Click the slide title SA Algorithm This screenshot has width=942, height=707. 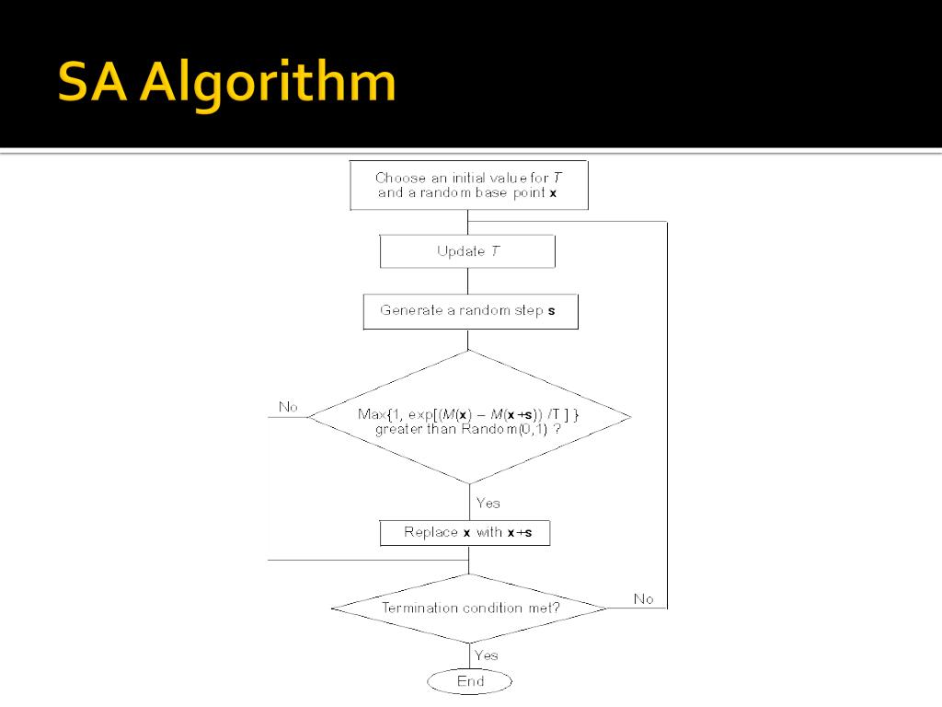pyautogui.click(x=226, y=83)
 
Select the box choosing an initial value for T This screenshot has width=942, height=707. pyautogui.click(x=469, y=185)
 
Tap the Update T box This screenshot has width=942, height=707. pyautogui.click(x=467, y=251)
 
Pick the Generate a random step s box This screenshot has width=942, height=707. pyautogui.click(x=470, y=311)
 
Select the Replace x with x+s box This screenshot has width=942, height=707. pyautogui.click(x=465, y=532)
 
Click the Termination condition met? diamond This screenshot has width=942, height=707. pyautogui.click(x=469, y=608)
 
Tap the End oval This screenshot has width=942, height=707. pyautogui.click(x=469, y=682)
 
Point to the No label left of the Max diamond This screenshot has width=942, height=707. pyautogui.click(x=288, y=407)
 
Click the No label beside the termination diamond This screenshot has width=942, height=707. pyautogui.click(x=644, y=599)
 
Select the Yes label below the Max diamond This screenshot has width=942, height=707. pyautogui.click(x=488, y=503)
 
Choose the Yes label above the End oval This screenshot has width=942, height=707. pyautogui.click(x=487, y=655)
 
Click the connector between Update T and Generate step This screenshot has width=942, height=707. pyautogui.click(x=468, y=281)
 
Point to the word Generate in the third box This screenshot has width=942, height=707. pyautogui.click(x=411, y=311)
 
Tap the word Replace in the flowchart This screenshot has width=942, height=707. pyautogui.click(x=431, y=532)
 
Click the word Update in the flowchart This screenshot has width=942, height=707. pyautogui.click(x=461, y=251)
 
